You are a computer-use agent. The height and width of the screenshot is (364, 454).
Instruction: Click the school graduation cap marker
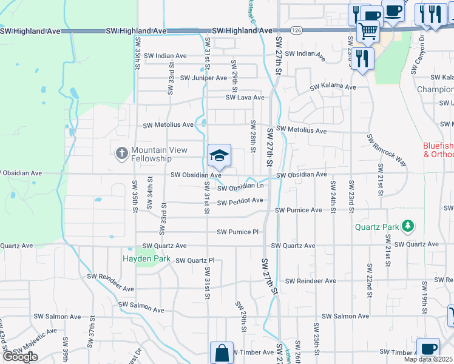(x=219, y=157)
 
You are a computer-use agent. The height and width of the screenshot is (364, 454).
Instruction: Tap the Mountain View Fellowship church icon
(x=121, y=153)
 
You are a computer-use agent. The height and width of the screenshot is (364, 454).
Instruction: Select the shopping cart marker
(x=368, y=30)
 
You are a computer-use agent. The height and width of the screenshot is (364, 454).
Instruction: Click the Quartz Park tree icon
(x=408, y=227)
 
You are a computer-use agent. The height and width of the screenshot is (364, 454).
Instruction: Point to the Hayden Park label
(x=146, y=258)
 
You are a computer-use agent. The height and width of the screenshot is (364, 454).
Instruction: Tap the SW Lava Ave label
(x=245, y=97)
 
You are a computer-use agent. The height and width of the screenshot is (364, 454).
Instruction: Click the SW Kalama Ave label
(x=333, y=87)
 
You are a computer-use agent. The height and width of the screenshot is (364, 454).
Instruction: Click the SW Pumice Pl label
(x=238, y=232)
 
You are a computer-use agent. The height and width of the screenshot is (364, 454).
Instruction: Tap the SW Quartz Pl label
(x=195, y=260)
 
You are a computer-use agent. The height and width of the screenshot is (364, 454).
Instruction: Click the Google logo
(x=20, y=356)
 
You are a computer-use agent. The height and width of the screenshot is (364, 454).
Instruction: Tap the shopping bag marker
(x=222, y=353)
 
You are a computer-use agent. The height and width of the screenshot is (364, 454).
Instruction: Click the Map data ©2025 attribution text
(x=428, y=359)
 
